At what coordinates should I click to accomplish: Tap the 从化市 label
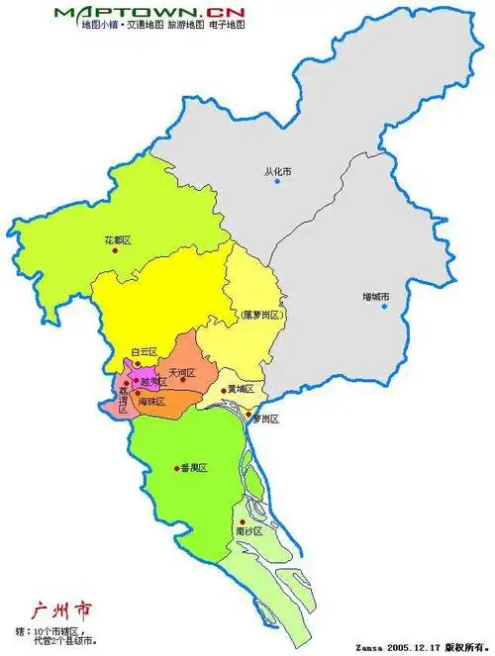[x=278, y=171]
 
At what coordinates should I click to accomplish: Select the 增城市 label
[x=376, y=297]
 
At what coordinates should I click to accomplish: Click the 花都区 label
[x=118, y=239]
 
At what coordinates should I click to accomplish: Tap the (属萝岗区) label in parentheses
[x=262, y=315]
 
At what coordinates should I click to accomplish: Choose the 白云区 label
[x=145, y=351]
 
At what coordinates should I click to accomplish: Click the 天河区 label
[x=182, y=374]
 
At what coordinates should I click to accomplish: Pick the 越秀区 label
[x=152, y=381]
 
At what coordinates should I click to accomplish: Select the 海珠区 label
[x=151, y=402]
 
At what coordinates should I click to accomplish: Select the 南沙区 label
[x=248, y=531]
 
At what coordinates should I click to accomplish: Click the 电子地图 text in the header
[x=226, y=24]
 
